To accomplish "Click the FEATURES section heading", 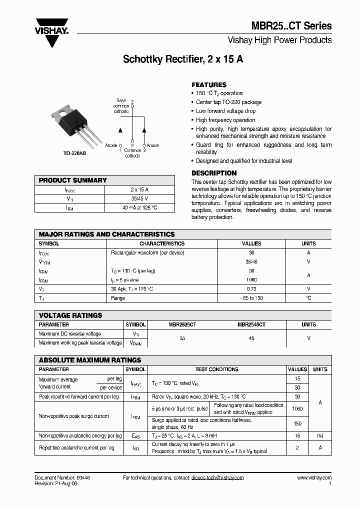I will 209,84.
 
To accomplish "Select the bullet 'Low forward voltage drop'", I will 225,111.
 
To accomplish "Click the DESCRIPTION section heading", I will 214,173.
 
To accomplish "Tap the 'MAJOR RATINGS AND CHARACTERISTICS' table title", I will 106,234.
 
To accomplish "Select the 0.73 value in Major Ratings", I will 251,289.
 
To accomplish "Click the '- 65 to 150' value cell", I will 251,298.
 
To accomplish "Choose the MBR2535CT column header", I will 182,324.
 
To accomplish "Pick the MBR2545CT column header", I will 251,324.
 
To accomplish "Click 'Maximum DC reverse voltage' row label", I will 69,333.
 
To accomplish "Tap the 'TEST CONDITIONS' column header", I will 216,369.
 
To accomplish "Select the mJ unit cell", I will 319,436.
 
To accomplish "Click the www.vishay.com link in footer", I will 314,478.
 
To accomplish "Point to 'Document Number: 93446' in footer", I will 62,478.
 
